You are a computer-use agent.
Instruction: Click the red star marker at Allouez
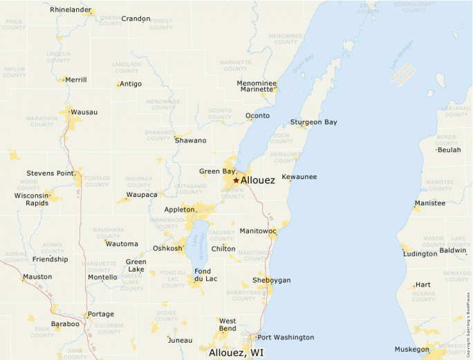[236, 180]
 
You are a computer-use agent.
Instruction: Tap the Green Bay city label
[217, 171]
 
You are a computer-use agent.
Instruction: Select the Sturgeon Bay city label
[313, 122]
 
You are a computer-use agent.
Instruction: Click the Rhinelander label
[71, 10]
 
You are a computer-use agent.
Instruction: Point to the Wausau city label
[84, 112]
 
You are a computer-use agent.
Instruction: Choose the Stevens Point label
[50, 173]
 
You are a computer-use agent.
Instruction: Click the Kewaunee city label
[299, 177]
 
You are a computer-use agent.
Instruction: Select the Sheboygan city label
[272, 280]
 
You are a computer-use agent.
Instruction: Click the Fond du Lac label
[205, 275]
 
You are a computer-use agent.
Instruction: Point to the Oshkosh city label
[167, 248]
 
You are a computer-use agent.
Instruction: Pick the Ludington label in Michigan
[420, 254]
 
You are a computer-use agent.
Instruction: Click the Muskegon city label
[411, 349]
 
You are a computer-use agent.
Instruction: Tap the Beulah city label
[449, 150]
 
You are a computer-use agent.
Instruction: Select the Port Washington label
[285, 337]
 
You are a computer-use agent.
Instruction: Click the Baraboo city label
[65, 323]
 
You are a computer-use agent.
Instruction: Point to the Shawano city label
[190, 140]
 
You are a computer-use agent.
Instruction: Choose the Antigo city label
[131, 84]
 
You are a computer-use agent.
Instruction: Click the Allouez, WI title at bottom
[236, 352]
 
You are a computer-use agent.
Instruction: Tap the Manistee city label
[429, 203]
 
